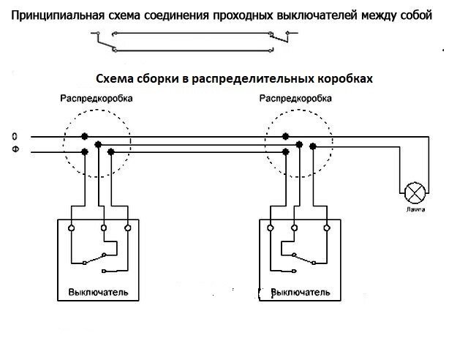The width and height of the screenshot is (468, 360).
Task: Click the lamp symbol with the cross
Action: tap(415, 194)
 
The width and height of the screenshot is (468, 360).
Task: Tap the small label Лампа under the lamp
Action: tap(415, 210)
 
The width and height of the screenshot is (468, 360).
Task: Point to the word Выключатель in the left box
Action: tap(98, 292)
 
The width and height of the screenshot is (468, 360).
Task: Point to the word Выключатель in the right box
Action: tap(301, 292)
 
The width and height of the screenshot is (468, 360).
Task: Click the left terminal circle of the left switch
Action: tap(71, 228)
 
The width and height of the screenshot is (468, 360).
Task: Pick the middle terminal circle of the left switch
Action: tap(104, 228)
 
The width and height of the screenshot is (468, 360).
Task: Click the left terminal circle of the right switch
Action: tap(271, 228)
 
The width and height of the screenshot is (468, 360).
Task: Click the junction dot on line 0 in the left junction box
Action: tap(86, 137)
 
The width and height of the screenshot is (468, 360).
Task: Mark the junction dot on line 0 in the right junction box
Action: tap(287, 137)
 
